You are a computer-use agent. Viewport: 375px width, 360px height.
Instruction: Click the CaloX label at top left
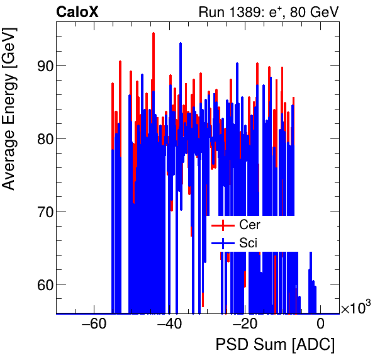coord(77,12)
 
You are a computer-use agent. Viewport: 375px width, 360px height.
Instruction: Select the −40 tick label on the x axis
coord(169,325)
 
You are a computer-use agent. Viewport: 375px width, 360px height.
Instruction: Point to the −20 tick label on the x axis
coord(245,325)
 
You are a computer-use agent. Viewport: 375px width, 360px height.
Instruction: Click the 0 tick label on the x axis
coord(320,325)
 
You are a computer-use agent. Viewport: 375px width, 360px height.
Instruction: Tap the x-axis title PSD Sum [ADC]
coord(275,346)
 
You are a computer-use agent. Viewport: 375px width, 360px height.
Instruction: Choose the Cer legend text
coord(250,225)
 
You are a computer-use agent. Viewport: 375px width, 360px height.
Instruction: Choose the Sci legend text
coord(249,242)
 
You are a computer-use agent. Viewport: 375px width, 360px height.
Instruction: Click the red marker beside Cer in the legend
coord(223,225)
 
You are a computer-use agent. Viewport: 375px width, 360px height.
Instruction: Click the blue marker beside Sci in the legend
coord(223,242)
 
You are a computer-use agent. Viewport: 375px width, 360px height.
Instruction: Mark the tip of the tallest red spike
coord(154,33)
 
